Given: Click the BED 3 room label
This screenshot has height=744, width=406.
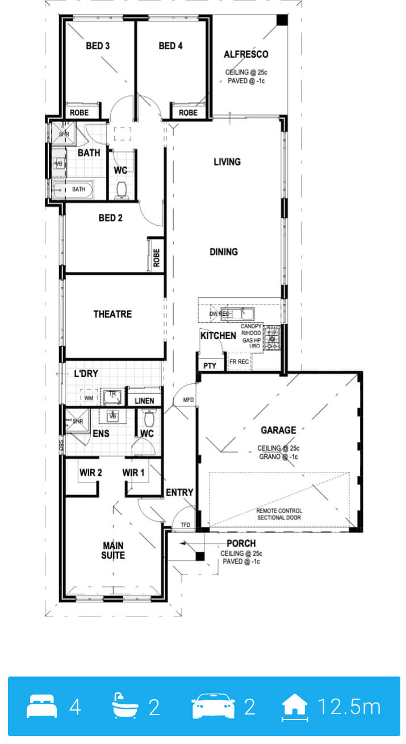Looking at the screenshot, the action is (98, 46).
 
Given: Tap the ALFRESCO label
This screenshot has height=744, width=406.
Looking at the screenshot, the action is (246, 54).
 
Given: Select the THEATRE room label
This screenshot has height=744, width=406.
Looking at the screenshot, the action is (113, 314).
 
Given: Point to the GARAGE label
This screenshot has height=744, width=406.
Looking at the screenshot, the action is (278, 430).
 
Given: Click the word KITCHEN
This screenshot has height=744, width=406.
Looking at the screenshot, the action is (218, 336).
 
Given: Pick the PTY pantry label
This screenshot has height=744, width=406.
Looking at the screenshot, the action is (210, 366).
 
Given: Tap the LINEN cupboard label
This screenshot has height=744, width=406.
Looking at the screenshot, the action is (144, 401).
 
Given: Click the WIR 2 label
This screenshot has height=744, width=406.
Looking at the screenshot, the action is (91, 472).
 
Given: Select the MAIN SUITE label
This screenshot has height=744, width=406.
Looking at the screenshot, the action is (113, 551).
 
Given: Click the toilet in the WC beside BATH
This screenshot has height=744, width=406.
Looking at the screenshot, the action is (122, 191).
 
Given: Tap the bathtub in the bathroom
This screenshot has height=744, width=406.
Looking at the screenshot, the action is (73, 190).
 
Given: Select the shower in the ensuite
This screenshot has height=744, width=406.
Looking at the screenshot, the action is (77, 421).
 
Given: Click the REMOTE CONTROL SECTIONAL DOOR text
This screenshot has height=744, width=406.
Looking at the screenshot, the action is (279, 514).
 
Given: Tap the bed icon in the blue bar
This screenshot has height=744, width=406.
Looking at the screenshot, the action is (41, 706).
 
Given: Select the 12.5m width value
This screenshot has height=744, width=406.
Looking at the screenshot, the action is (349, 706).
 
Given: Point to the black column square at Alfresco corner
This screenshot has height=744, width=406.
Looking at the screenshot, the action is (282, 20).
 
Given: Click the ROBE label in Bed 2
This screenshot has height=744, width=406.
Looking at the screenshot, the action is (156, 258).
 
